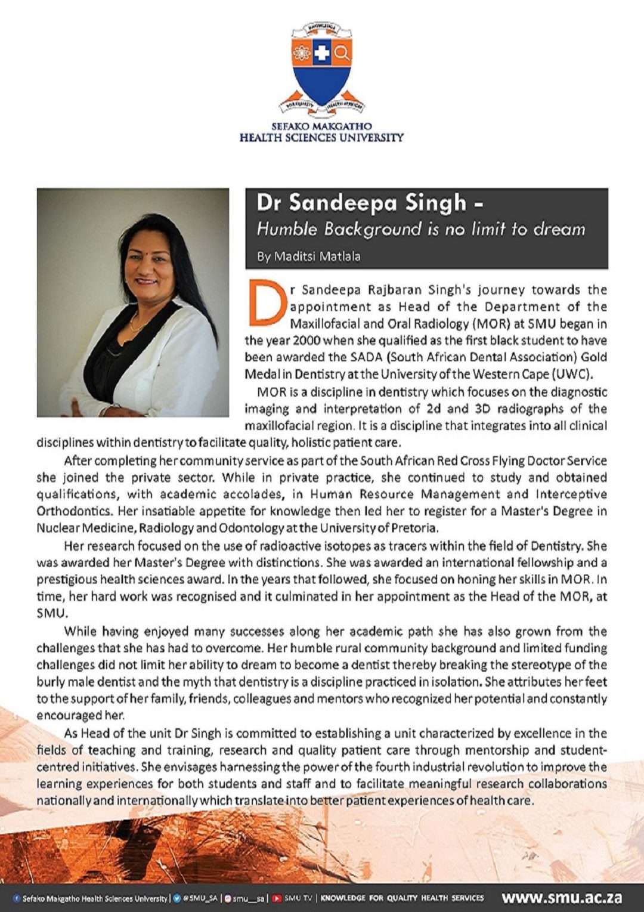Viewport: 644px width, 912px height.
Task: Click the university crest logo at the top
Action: (x=322, y=69)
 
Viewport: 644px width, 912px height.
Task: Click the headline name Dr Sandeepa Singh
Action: (x=362, y=203)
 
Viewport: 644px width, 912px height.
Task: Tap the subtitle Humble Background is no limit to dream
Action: (x=421, y=229)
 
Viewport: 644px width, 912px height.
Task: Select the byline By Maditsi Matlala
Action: (x=309, y=256)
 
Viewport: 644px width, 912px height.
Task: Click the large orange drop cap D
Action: (x=266, y=303)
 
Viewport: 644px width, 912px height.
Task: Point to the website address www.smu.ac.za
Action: (x=562, y=898)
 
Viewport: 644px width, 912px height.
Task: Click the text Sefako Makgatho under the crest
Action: (x=321, y=126)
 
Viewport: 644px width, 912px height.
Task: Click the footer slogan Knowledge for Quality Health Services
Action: (x=402, y=898)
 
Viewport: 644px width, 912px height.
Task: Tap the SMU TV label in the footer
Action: (x=298, y=898)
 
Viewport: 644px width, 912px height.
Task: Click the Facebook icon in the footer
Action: (x=17, y=898)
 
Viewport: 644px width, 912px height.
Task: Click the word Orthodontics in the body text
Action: (x=74, y=511)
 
